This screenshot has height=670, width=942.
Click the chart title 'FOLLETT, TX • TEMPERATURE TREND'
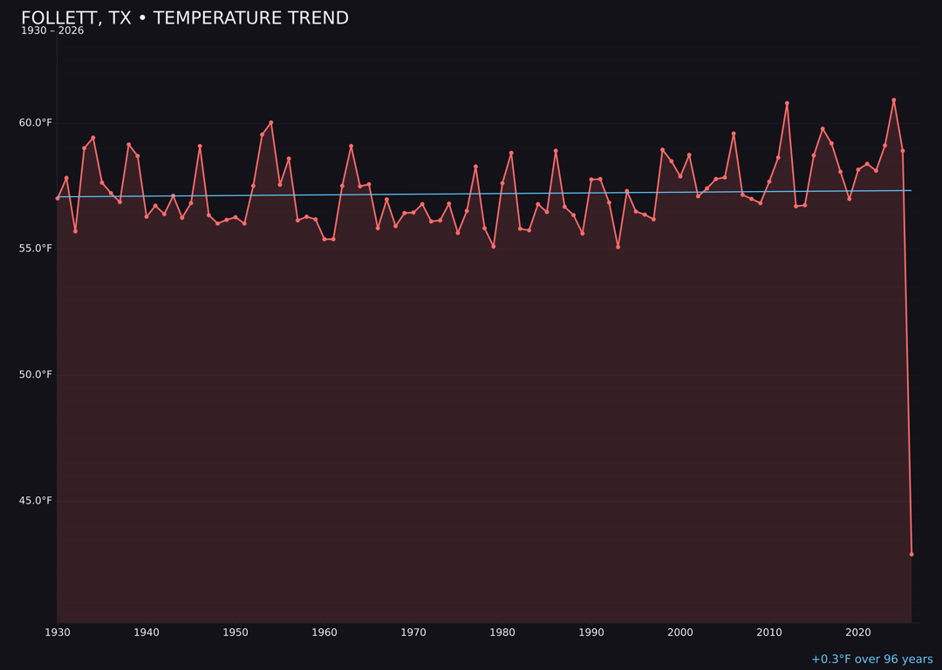click(x=185, y=18)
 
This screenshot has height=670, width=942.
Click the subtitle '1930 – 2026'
click(x=52, y=31)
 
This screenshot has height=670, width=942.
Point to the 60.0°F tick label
click(x=36, y=123)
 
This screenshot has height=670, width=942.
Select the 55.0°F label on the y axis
click(x=36, y=249)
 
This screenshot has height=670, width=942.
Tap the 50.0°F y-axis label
click(x=36, y=375)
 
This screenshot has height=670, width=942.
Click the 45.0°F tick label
click(x=36, y=501)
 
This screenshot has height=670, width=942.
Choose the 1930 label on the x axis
click(x=58, y=632)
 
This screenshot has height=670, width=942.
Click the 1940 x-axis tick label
click(x=147, y=632)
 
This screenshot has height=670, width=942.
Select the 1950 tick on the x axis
click(x=235, y=632)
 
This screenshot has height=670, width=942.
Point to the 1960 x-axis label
click(x=324, y=632)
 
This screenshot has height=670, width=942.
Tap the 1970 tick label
click(x=413, y=632)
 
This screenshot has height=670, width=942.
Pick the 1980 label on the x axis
click(x=502, y=632)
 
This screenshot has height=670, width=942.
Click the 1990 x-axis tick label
click(x=591, y=632)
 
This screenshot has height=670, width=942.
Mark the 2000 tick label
click(x=680, y=632)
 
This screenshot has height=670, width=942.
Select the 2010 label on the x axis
click(x=769, y=632)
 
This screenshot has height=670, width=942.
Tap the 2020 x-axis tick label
click(x=858, y=632)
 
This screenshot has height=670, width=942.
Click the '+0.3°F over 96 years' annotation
click(x=871, y=660)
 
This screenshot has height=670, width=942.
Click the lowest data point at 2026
click(x=911, y=554)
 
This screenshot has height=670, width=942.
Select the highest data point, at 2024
click(x=894, y=100)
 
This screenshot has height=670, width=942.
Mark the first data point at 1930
click(x=58, y=198)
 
